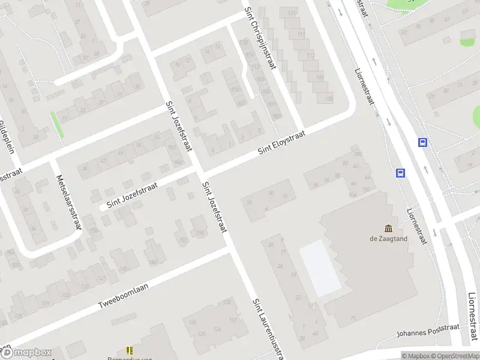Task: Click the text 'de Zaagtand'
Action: tap(388, 238)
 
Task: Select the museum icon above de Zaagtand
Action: tap(388, 228)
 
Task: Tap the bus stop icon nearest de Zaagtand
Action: tap(400, 173)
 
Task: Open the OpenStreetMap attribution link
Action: tap(454, 356)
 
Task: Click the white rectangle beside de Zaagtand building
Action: tap(319, 268)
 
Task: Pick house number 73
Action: tap(353, 318)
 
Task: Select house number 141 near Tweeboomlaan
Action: tap(102, 279)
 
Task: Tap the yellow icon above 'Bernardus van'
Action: tap(129, 350)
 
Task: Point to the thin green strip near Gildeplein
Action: tap(57, 125)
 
